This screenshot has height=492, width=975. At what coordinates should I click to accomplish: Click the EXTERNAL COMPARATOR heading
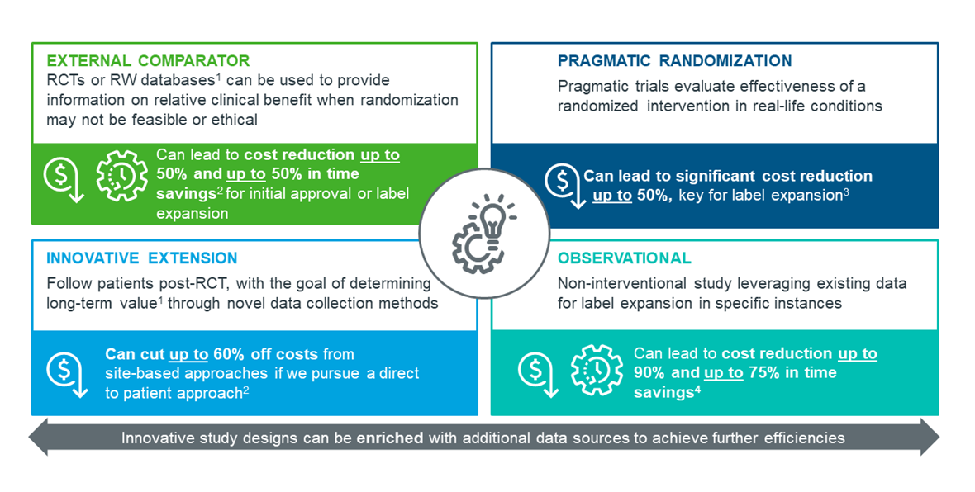pyautogui.click(x=148, y=61)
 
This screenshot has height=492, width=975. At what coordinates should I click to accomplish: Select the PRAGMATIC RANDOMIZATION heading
pyautogui.click(x=675, y=61)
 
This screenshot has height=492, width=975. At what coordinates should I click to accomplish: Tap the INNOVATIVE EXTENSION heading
pyautogui.click(x=142, y=258)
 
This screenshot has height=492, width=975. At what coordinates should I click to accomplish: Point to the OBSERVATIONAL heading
pyautogui.click(x=625, y=258)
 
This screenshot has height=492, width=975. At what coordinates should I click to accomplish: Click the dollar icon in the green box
pyautogui.click(x=64, y=179)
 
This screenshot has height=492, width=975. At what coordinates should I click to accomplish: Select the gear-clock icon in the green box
pyautogui.click(x=122, y=176)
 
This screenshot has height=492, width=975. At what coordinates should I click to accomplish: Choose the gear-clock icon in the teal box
pyautogui.click(x=597, y=371)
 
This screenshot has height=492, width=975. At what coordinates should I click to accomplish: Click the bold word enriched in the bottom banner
pyautogui.click(x=389, y=438)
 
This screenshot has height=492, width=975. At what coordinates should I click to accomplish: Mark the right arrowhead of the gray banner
pyautogui.click(x=930, y=437)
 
